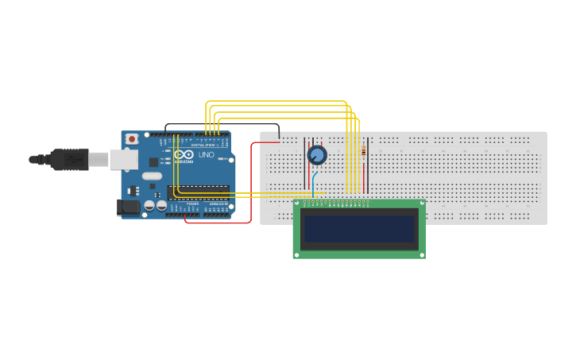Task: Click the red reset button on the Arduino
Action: point(131,139)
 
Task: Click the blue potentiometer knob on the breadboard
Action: point(317,155)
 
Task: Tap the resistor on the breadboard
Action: point(363,151)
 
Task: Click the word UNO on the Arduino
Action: point(206,154)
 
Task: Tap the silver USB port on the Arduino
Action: point(123,159)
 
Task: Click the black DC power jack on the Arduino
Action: point(128,207)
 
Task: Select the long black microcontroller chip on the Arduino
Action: point(199,192)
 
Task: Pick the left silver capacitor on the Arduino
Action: point(149,206)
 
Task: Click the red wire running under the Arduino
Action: point(218,223)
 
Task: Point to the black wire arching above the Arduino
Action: point(222,125)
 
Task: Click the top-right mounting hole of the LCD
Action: point(421,204)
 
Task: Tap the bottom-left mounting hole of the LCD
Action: point(298,254)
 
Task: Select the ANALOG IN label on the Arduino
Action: point(217,204)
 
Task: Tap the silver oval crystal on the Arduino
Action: point(153,176)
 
